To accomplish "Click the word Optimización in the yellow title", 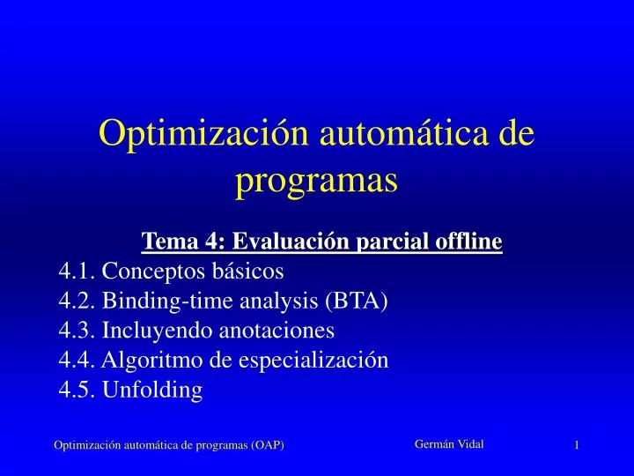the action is click(203, 134).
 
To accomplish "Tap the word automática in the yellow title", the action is click(404, 133).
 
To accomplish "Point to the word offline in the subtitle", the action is click(468, 241).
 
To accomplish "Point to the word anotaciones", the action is click(276, 330).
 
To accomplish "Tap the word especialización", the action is click(313, 361).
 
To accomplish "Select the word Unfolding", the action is click(152, 390).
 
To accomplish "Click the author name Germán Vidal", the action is click(449, 444).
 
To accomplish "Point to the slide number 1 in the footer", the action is click(577, 445).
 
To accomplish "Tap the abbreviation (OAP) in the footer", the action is click(268, 445).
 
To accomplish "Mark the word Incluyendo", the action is click(158, 331).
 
